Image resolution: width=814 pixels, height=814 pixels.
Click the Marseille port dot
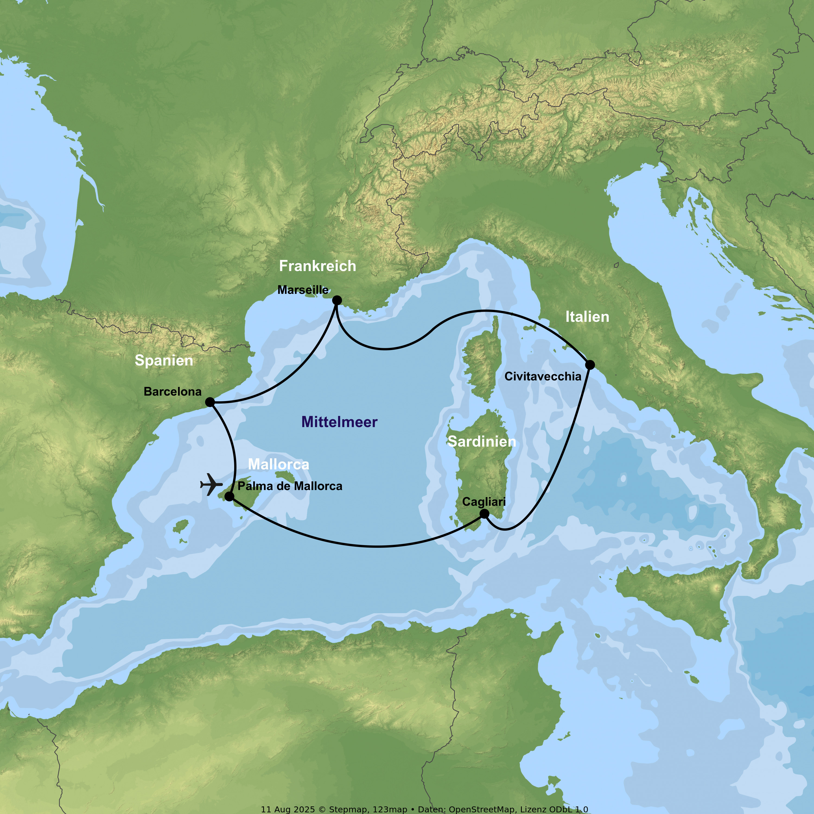pos(337,300)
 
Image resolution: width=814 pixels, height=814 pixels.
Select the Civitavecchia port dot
pos(590,364)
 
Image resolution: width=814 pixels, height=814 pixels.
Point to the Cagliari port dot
pos(485,514)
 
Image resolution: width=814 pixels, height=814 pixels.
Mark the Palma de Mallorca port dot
pos(230,496)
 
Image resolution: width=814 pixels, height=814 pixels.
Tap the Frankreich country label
pos(318,266)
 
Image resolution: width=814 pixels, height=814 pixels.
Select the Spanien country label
pos(164,360)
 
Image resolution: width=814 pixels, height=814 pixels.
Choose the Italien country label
pos(587,317)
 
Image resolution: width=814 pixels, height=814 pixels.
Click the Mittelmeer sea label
pos(340,422)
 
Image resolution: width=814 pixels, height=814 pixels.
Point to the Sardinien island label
pos(482,441)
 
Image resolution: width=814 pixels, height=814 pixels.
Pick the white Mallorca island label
pos(278,464)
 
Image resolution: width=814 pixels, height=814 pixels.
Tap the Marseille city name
pos(303,290)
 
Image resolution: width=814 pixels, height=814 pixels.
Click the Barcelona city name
pos(173,392)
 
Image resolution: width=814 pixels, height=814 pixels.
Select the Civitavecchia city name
pos(543,376)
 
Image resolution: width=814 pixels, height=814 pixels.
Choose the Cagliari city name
pos(484,501)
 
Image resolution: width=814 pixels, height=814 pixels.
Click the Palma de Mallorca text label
pos(290,486)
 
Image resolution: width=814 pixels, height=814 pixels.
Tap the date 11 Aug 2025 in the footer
pos(288,809)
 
